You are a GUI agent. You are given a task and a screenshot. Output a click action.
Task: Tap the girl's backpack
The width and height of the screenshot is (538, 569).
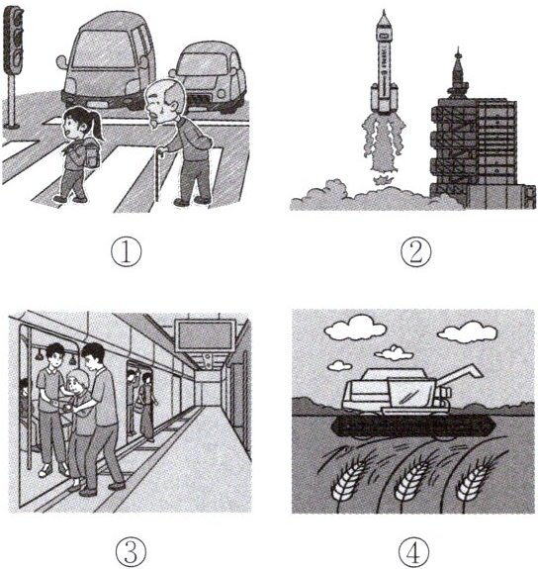tap(91, 152)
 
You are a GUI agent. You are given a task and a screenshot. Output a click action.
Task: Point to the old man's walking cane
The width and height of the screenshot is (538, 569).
tap(158, 174)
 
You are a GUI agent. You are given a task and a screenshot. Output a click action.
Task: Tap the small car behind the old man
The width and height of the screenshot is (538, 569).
tap(211, 76)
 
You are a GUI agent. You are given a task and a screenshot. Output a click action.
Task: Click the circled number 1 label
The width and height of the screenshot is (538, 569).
tap(126, 252)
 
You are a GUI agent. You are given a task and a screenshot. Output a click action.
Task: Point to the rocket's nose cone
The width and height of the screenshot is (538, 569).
tap(384, 19)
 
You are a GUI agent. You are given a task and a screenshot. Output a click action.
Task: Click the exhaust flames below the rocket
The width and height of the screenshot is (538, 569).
tap(384, 145)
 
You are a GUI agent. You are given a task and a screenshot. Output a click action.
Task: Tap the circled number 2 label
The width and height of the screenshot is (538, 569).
tap(416, 252)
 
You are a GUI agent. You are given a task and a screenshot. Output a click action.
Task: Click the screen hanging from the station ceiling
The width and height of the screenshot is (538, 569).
tap(206, 334)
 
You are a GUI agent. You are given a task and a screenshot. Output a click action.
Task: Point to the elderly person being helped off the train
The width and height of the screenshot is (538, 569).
tap(79, 428)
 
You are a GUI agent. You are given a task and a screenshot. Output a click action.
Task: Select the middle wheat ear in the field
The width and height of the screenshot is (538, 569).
tap(410, 479)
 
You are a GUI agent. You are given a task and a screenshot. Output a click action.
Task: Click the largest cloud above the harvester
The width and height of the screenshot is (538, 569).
tap(355, 328)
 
